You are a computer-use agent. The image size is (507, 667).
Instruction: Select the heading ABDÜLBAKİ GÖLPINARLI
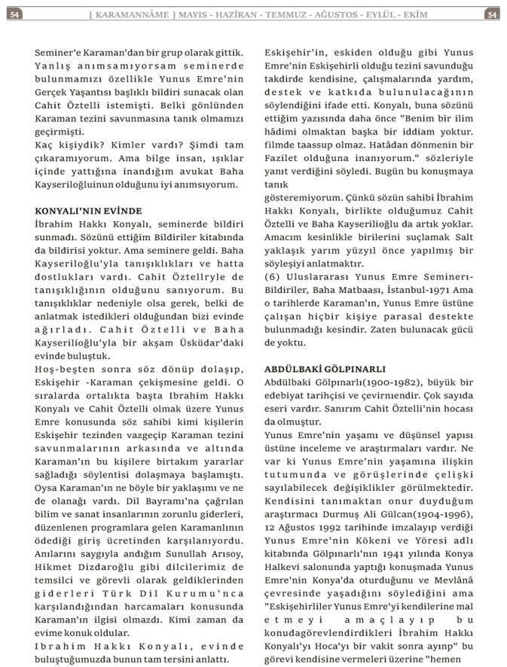[x=325, y=369]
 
